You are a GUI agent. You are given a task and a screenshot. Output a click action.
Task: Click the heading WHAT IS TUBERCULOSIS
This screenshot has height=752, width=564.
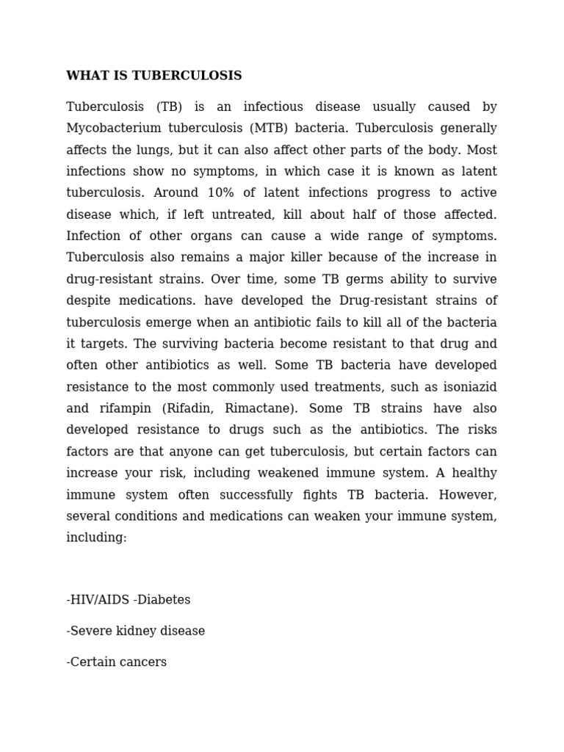coord(153,76)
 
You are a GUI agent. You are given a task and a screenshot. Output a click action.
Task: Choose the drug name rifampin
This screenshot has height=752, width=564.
coord(128,408)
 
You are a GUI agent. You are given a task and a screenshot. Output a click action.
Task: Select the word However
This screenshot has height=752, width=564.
coord(469,494)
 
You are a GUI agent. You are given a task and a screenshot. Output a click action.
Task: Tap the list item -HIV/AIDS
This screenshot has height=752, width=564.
coord(98,600)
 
